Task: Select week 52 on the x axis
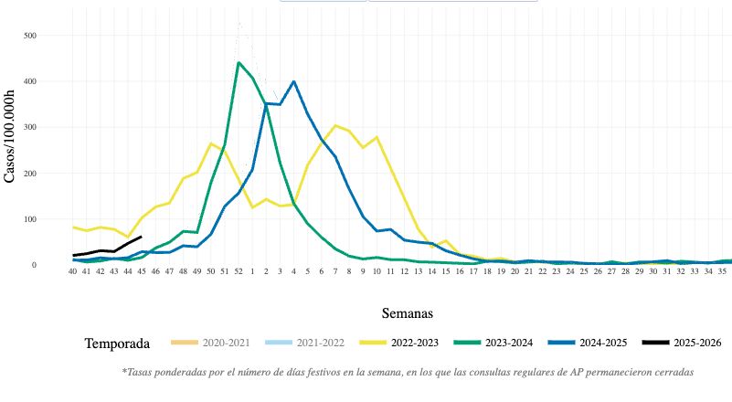239,271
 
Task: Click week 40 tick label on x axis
73,271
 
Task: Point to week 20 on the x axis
515,271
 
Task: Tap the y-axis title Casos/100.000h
10,136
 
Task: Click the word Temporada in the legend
117,344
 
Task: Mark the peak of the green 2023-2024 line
239,63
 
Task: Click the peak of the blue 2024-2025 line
293,81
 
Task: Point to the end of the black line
140,237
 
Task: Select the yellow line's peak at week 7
335,125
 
